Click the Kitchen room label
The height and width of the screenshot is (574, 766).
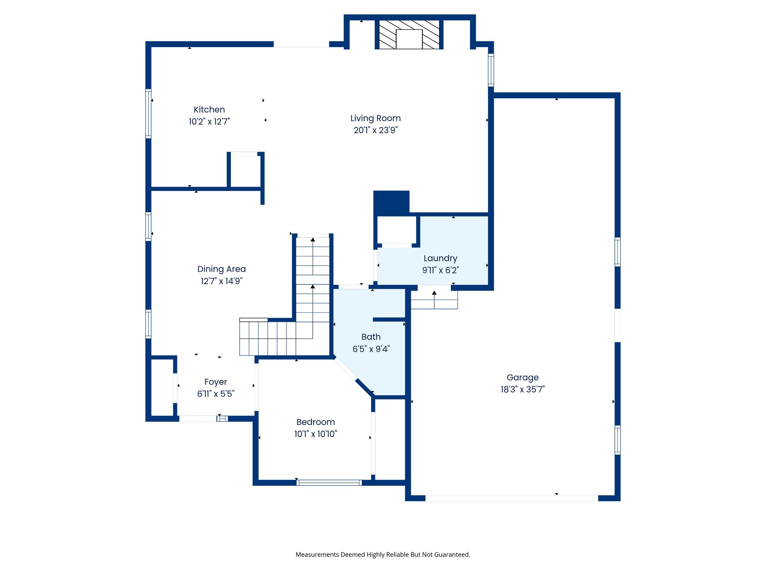pos(209,109)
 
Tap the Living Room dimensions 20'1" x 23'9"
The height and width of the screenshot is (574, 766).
pos(376,130)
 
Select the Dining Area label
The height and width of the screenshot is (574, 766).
pos(221,269)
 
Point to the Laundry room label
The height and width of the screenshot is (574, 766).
pos(440,258)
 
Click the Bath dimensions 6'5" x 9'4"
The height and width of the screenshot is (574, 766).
pos(371,349)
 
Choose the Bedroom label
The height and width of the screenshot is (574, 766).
pos(315,422)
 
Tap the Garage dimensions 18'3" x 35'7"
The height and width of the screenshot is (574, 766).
pos(523,389)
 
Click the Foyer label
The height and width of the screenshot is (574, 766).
pos(215,382)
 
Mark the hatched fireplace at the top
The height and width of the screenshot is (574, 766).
pos(409,34)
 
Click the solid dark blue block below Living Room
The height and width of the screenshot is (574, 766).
pos(391,202)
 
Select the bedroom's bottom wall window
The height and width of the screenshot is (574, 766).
pos(329,482)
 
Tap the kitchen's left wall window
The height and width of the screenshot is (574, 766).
pos(148,114)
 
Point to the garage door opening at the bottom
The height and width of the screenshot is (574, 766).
pos(511,498)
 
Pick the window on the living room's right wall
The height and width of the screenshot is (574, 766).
pos(491,70)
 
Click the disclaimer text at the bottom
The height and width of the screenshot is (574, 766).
pos(383,555)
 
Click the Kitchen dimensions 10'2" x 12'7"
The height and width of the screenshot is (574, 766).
pos(209,121)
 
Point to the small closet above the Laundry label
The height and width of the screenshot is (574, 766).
pos(396,230)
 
